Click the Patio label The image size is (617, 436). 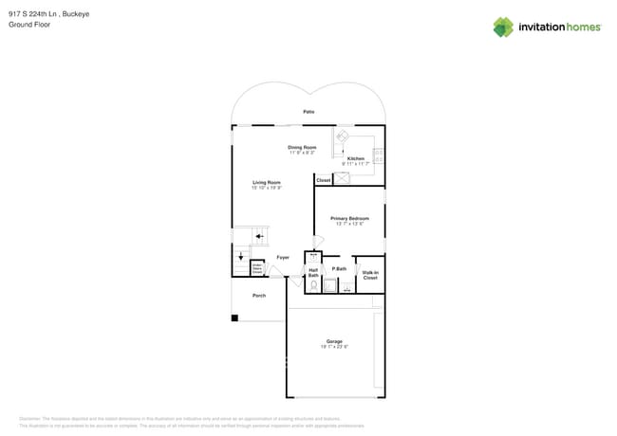point(308,112)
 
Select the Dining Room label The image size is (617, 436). point(302,147)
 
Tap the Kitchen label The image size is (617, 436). point(355,158)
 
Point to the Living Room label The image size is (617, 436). point(266,182)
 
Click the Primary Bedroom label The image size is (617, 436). point(349,218)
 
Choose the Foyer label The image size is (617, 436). point(283,257)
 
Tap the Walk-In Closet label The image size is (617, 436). point(370,275)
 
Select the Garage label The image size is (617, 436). point(334,341)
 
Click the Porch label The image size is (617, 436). point(258,296)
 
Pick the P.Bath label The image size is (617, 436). point(339,269)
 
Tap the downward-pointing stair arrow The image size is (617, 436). point(240,255)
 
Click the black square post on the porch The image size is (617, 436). point(235,318)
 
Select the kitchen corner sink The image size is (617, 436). point(342,136)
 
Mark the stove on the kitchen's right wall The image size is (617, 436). point(379,156)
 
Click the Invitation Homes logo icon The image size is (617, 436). point(503,27)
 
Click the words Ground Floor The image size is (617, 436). point(29,25)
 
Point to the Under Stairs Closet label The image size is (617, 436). point(256,269)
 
